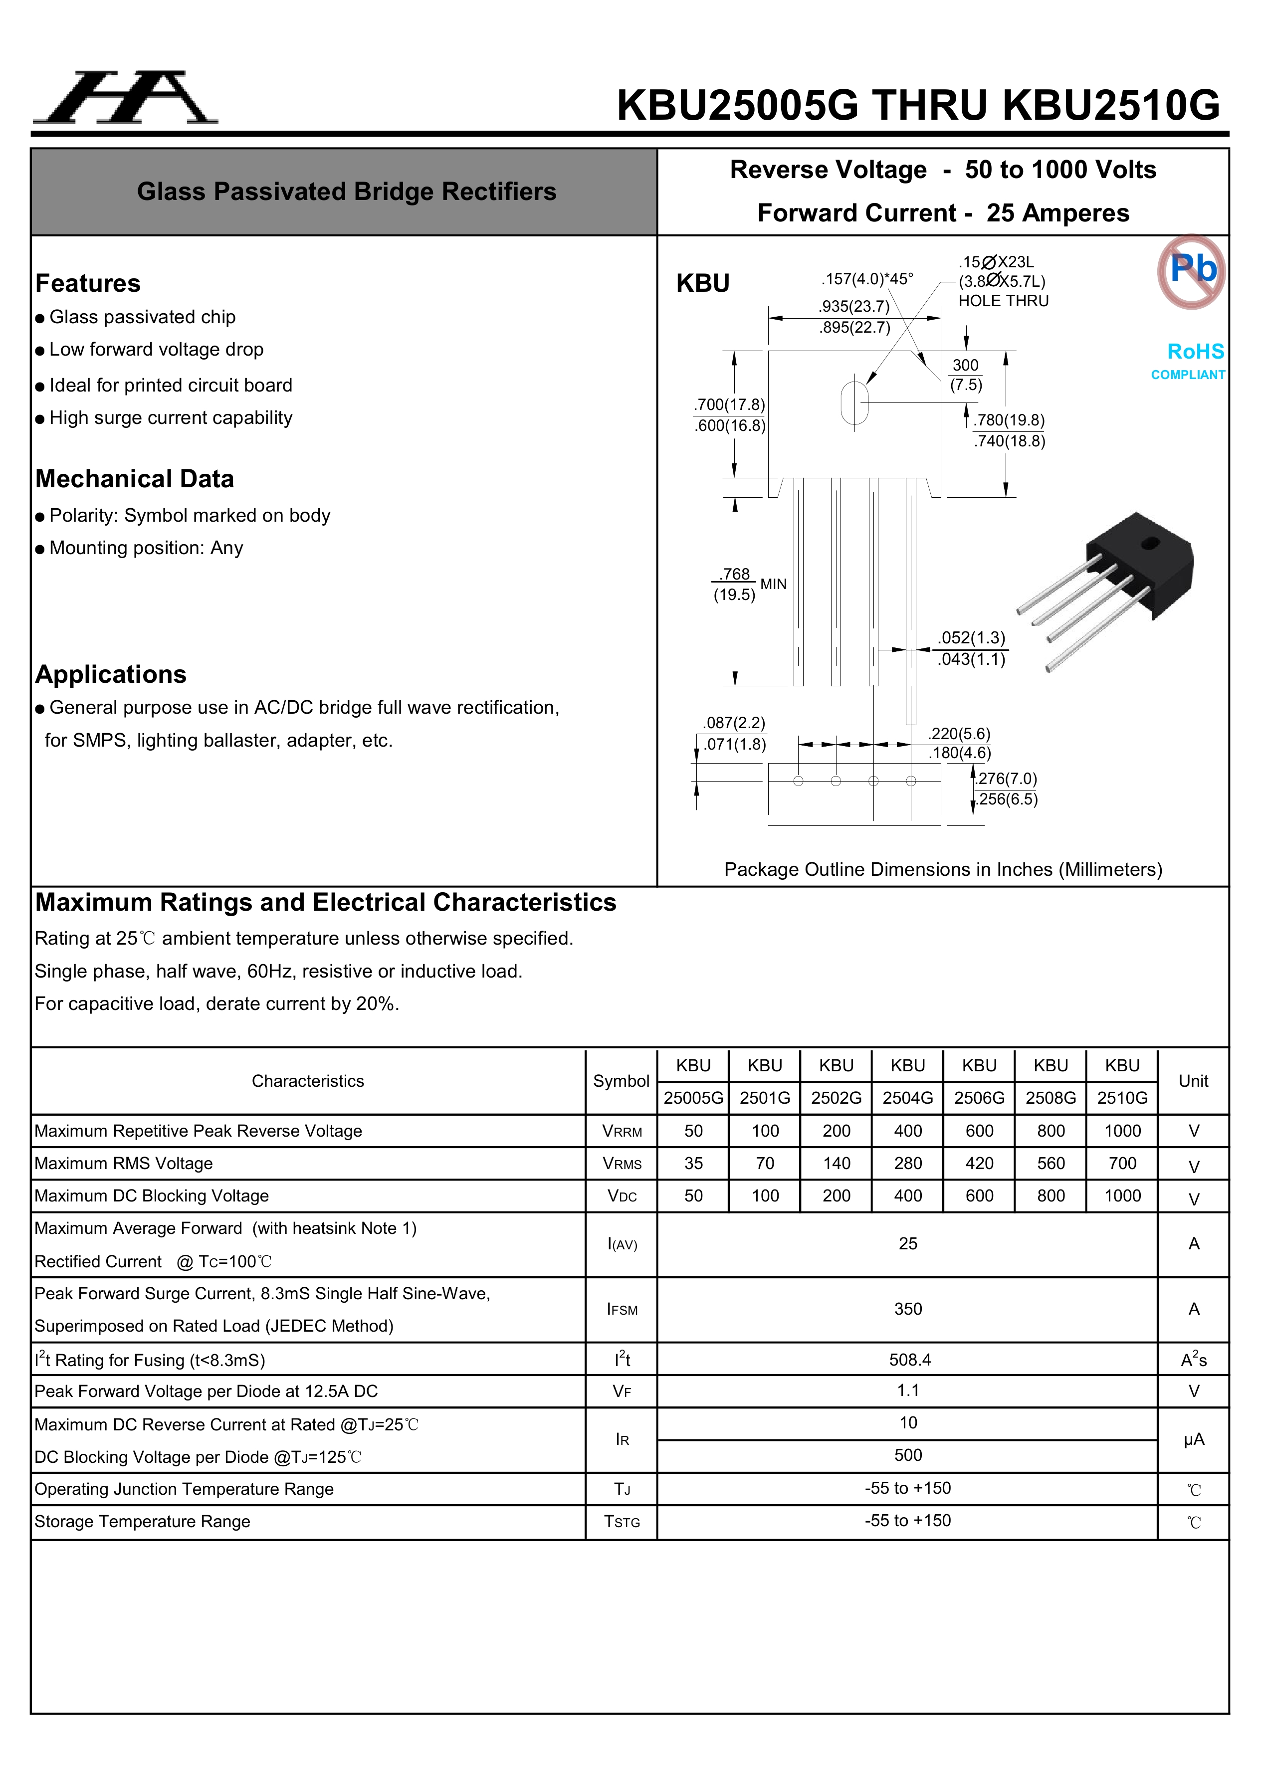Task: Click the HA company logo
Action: [124, 99]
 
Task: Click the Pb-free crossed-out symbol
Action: [1191, 271]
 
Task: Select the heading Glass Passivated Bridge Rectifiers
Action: [347, 192]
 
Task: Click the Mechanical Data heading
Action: [135, 479]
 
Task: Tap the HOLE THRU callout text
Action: [1003, 301]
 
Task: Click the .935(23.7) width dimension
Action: [854, 307]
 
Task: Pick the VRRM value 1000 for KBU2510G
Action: [1122, 1131]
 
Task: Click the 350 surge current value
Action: [908, 1309]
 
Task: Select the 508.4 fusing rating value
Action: [909, 1360]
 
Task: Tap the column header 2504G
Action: [908, 1098]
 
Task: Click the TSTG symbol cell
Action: [622, 1522]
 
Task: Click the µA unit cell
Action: [1193, 1440]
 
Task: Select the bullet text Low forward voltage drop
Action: [156, 350]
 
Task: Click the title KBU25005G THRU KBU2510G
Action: [918, 105]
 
